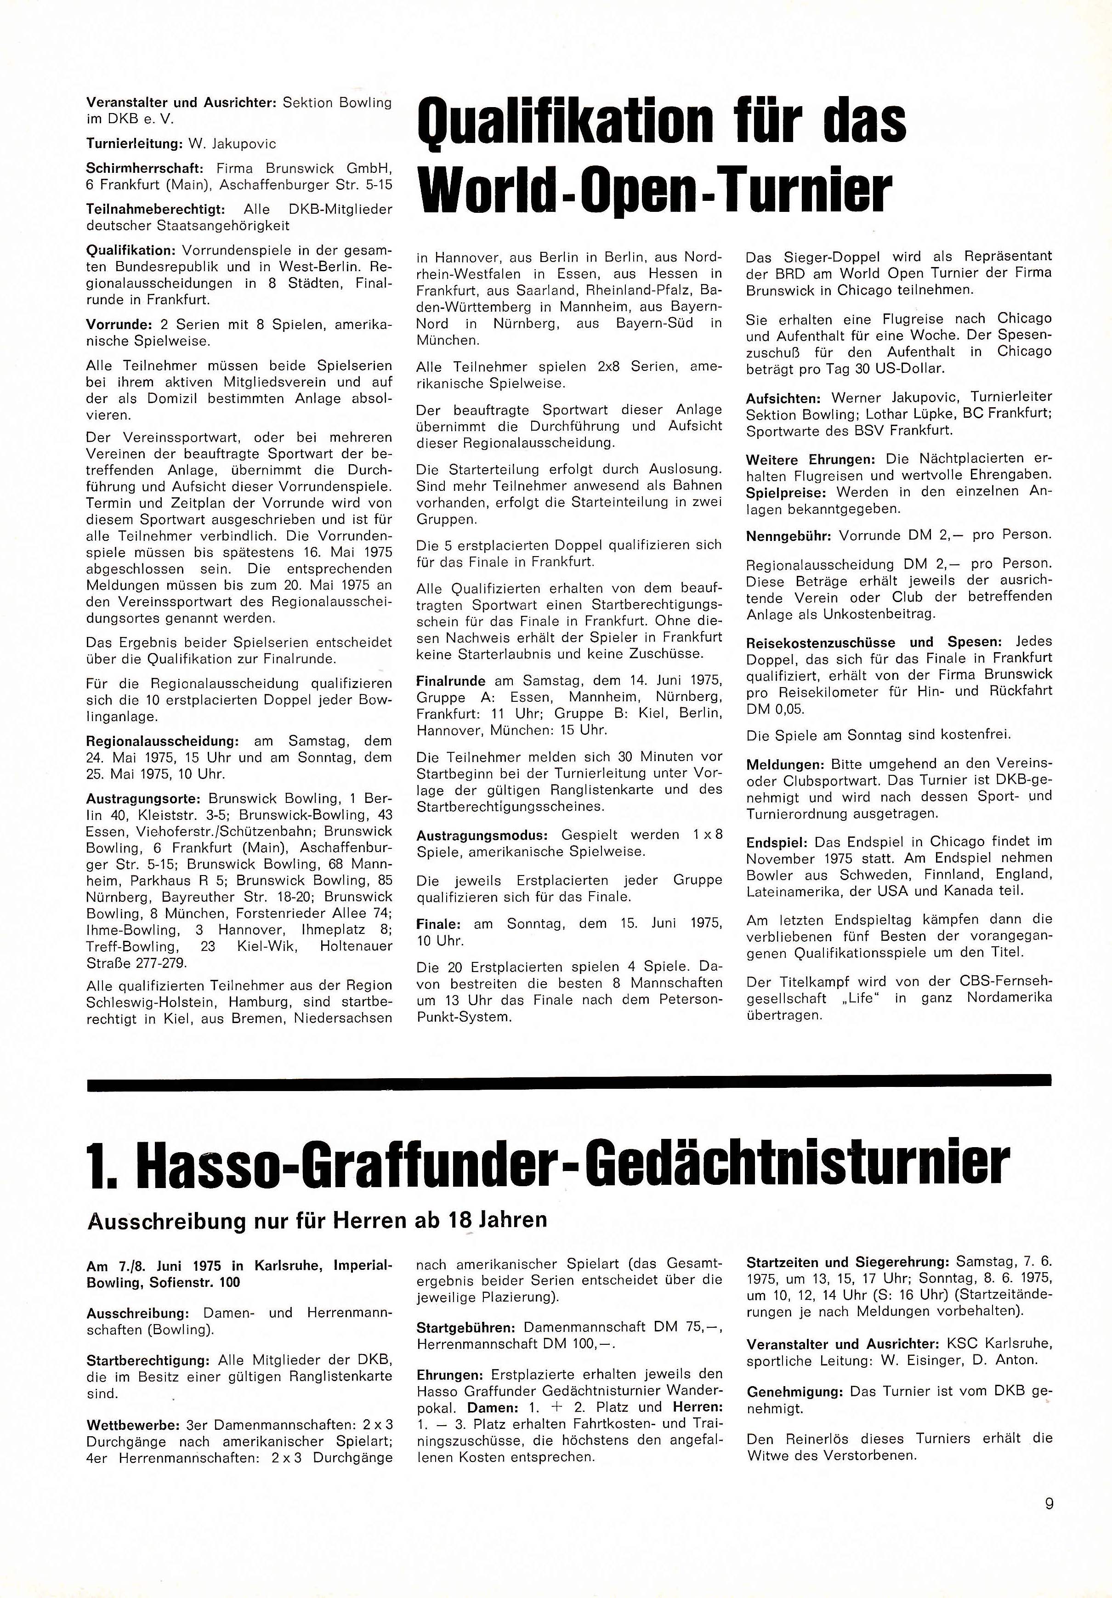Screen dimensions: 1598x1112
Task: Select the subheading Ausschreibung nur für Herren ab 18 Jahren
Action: point(317,1220)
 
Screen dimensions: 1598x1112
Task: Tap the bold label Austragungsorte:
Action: point(144,798)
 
